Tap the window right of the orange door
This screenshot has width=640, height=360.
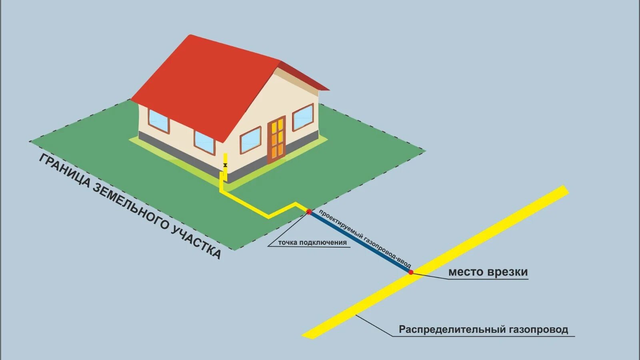tap(303, 117)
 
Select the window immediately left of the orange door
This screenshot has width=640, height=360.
tap(250, 140)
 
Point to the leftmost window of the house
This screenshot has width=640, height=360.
tap(159, 120)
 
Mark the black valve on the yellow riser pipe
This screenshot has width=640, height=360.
tap(225, 165)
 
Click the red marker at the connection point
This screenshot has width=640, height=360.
tap(309, 212)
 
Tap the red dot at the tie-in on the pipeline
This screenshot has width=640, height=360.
tap(411, 272)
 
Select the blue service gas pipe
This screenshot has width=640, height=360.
tap(360, 242)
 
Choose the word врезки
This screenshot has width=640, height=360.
tap(507, 272)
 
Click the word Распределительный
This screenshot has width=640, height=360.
tap(452, 330)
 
